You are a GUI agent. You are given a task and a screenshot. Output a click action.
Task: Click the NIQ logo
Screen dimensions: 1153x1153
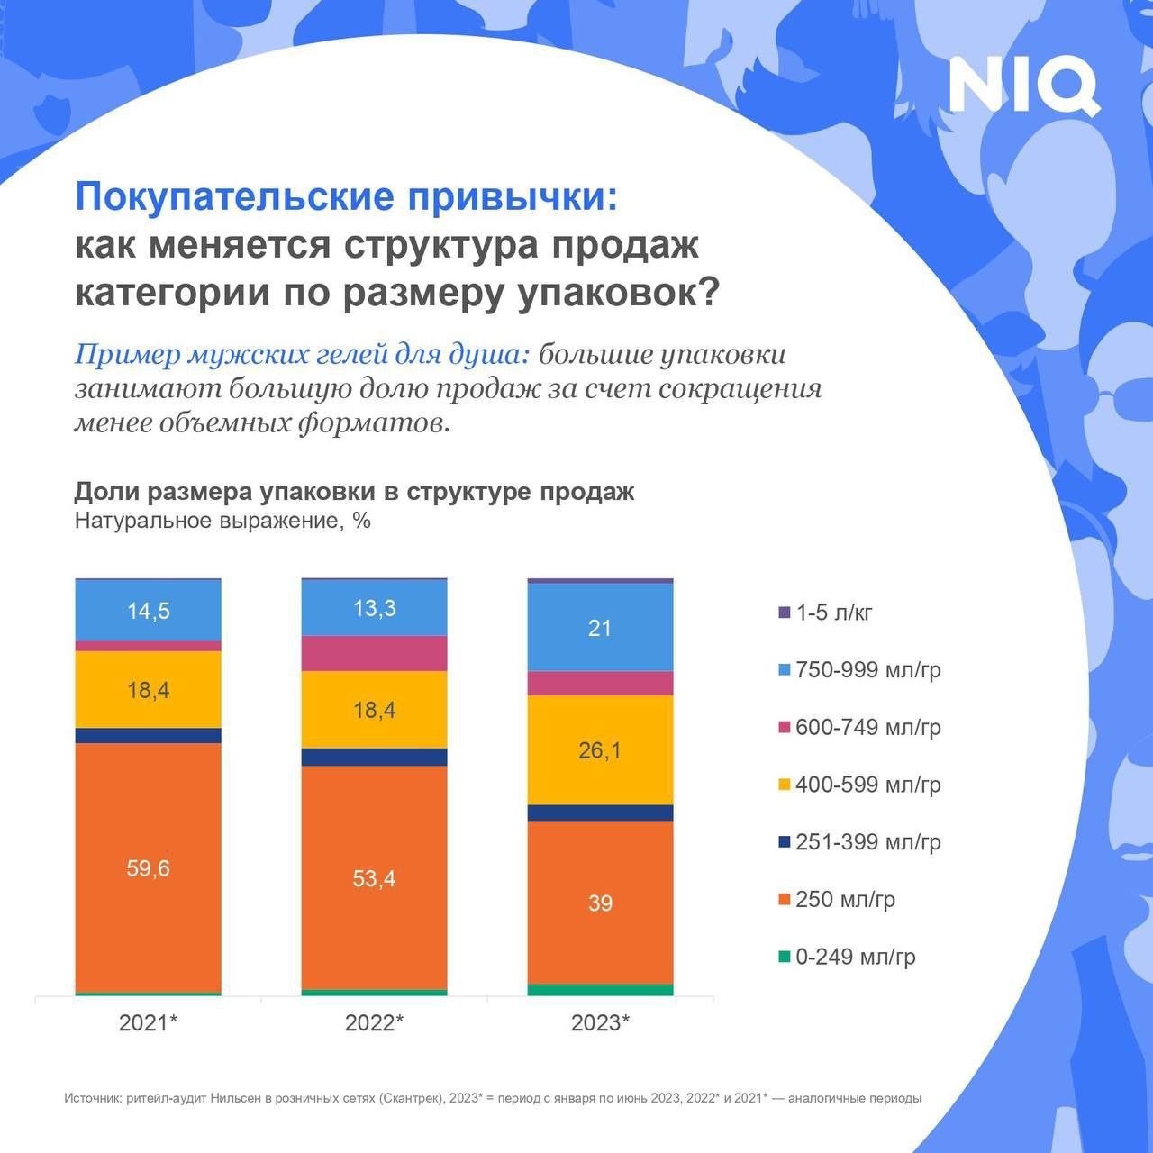(1024, 86)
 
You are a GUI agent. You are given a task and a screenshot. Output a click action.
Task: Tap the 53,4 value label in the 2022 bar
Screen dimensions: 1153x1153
(374, 878)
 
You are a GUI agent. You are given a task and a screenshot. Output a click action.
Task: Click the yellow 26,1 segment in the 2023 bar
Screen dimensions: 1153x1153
(600, 749)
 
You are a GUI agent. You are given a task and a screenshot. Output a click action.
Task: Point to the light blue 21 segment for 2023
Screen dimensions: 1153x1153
(600, 628)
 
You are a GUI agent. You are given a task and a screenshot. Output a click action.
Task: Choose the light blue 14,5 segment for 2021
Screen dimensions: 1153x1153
(149, 611)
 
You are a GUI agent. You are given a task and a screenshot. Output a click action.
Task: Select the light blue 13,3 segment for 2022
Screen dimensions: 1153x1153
(374, 608)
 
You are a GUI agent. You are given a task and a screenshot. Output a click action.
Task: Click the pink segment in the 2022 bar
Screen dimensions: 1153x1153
(374, 654)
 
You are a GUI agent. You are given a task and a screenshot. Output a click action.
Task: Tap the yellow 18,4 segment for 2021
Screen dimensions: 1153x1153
(149, 690)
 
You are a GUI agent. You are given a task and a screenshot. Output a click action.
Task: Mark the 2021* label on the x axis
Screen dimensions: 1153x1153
(149, 1022)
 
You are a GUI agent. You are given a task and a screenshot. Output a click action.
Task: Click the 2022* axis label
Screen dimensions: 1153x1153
(374, 1022)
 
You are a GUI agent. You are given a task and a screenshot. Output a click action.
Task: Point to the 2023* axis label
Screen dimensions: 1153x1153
(600, 1022)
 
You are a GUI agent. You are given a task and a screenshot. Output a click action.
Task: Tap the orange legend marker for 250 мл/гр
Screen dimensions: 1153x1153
(784, 900)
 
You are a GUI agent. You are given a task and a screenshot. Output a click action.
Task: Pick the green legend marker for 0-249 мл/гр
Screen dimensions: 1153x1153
(784, 957)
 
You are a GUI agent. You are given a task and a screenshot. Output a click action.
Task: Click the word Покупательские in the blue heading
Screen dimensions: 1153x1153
(239, 196)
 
